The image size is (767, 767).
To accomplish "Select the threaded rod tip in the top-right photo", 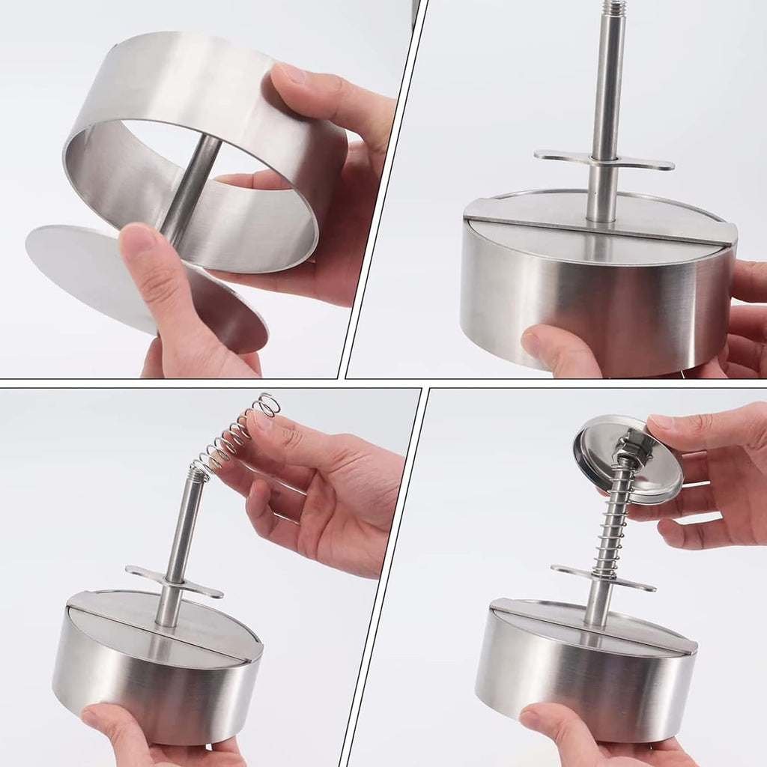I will (x=614, y=9).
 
